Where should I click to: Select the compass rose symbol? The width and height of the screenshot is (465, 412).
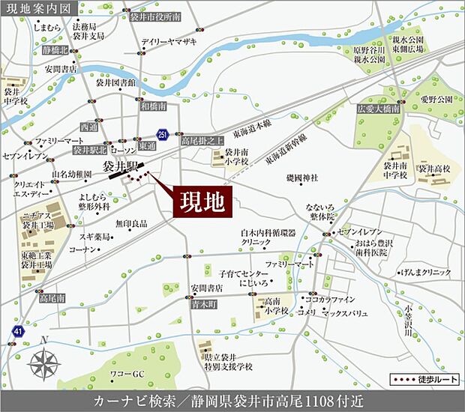[x=45, y=365]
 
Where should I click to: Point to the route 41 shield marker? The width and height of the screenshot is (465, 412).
[x=18, y=330]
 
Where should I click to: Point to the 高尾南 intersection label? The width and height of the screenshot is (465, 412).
[x=52, y=298]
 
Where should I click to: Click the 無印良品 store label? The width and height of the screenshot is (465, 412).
[x=131, y=223]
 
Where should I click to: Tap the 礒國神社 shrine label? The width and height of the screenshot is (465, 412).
[x=303, y=178]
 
